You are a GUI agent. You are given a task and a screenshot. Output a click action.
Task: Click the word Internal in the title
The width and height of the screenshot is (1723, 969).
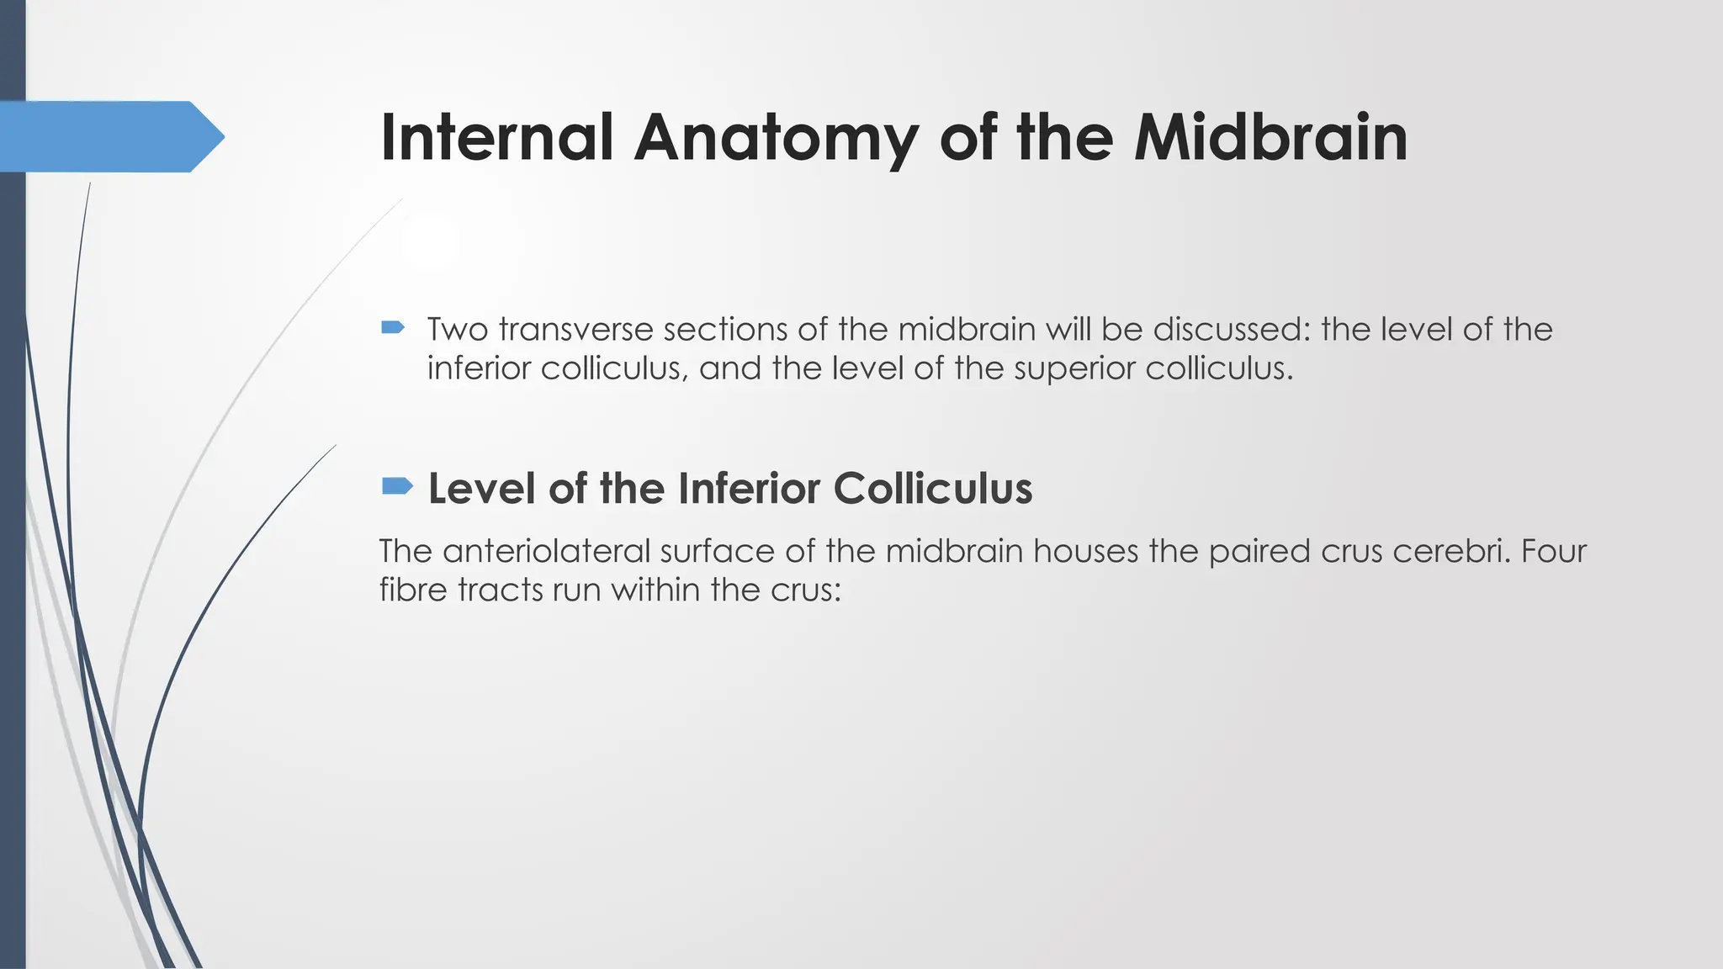click(496, 137)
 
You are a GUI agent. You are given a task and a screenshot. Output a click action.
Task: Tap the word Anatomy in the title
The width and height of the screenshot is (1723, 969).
click(775, 137)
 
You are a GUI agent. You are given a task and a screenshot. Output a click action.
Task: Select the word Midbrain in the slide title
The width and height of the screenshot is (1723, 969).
click(1270, 137)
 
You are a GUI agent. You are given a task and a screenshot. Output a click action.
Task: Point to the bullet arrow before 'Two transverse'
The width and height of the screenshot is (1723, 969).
click(393, 327)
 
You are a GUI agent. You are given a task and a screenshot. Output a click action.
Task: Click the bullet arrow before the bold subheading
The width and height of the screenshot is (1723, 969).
click(397, 486)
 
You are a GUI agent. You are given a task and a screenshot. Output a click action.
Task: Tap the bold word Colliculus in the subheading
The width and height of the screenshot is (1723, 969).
click(933, 488)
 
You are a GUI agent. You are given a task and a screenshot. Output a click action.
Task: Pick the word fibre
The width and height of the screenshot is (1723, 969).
click(413, 590)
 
